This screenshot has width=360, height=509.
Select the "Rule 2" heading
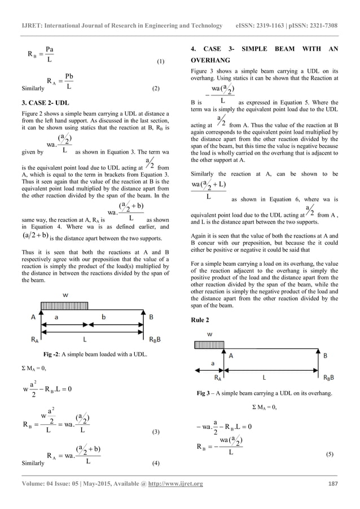point(204,320)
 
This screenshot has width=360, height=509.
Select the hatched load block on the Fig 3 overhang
point(208,344)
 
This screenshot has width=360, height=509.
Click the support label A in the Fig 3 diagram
point(231,356)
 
